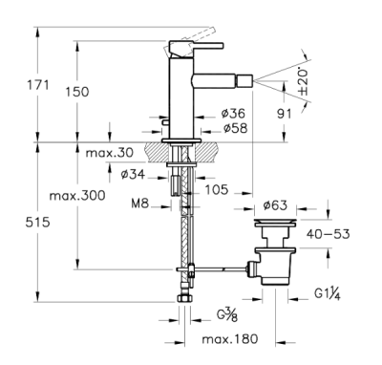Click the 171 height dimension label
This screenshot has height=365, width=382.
pyautogui.click(x=37, y=85)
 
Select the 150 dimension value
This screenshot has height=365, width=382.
pyautogui.click(x=77, y=92)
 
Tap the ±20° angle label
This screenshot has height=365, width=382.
pyautogui.click(x=304, y=81)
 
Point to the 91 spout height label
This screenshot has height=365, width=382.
pyautogui.click(x=284, y=114)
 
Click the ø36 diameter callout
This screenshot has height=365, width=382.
pyautogui.click(x=233, y=113)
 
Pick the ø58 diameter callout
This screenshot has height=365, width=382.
pyautogui.click(x=235, y=128)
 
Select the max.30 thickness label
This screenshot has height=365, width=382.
pyautogui.click(x=110, y=153)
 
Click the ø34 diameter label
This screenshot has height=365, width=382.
pyautogui.click(x=133, y=174)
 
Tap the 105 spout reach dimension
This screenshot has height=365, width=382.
pyautogui.click(x=217, y=189)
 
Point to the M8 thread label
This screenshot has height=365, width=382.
pyautogui.click(x=140, y=204)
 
